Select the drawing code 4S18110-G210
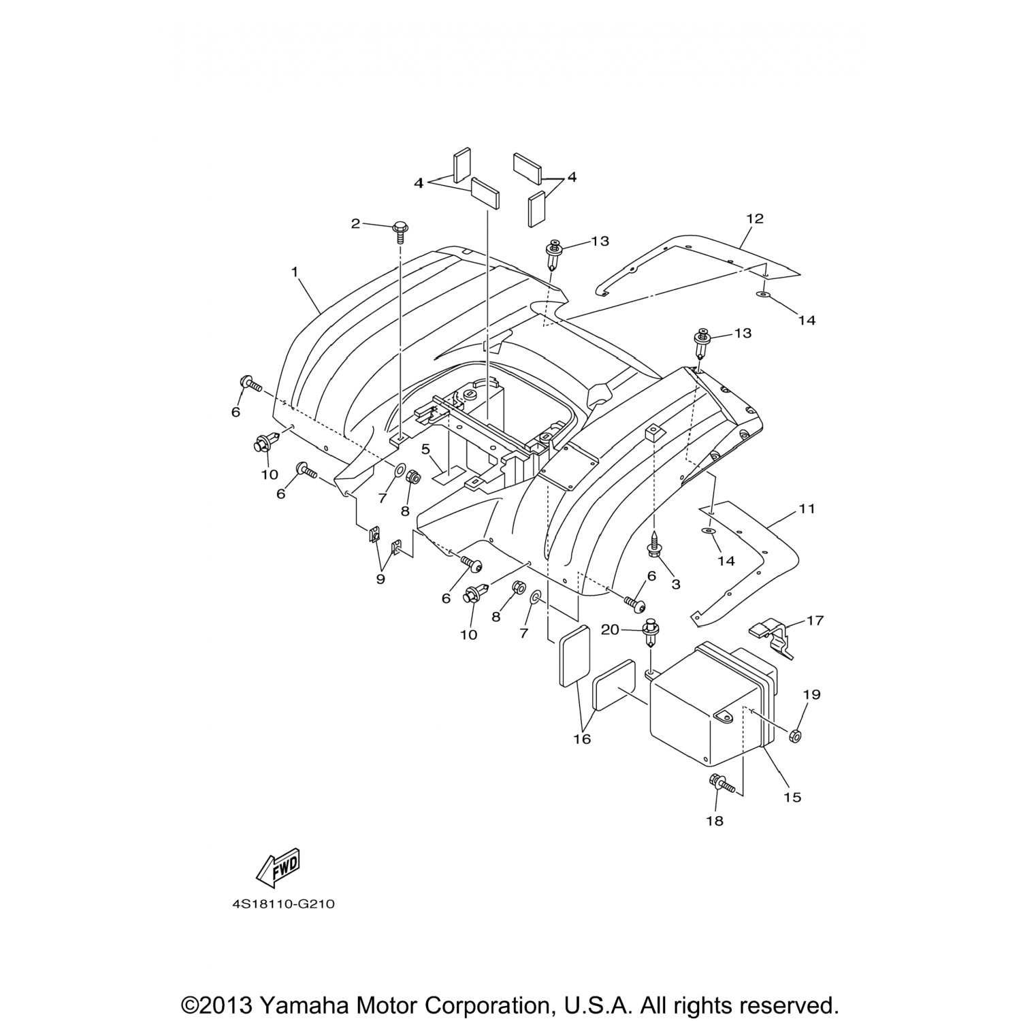pyautogui.click(x=284, y=905)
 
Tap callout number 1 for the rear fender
pyautogui.click(x=295, y=272)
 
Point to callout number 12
pyautogui.click(x=755, y=218)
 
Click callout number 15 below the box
pyautogui.click(x=792, y=797)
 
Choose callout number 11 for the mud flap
pyautogui.click(x=807, y=508)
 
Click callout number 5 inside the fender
pyautogui.click(x=425, y=449)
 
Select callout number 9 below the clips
pyautogui.click(x=380, y=579)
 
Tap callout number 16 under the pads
pyautogui.click(x=583, y=739)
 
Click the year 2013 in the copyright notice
pyautogui.click(x=229, y=1005)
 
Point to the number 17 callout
pyautogui.click(x=815, y=620)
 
